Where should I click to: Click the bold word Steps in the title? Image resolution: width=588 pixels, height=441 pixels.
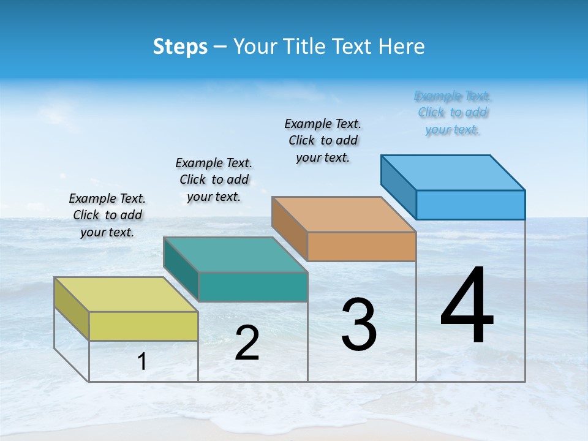[180, 47]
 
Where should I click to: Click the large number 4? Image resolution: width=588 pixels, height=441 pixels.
[467, 306]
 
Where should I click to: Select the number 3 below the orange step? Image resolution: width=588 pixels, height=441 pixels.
[359, 325]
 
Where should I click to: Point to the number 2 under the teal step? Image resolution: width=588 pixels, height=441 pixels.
[247, 344]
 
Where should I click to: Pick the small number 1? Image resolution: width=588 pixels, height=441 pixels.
[142, 362]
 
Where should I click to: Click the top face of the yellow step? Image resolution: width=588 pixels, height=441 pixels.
[126, 294]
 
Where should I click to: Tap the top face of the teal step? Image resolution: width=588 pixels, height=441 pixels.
[235, 254]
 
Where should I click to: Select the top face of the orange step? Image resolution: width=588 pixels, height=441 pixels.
[344, 214]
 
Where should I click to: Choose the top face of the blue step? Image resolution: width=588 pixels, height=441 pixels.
[453, 172]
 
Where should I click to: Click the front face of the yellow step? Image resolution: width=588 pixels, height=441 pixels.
[143, 326]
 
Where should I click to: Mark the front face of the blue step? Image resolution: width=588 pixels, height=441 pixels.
[470, 205]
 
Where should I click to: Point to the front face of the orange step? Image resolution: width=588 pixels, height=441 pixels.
[361, 246]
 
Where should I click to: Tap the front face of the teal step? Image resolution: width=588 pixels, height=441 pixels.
[252, 287]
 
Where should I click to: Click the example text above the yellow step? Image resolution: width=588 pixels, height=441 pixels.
[107, 215]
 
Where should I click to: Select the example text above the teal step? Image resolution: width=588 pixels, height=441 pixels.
[214, 179]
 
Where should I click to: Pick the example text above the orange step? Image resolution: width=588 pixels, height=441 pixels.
[323, 140]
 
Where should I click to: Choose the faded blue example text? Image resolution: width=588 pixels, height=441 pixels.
[453, 112]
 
